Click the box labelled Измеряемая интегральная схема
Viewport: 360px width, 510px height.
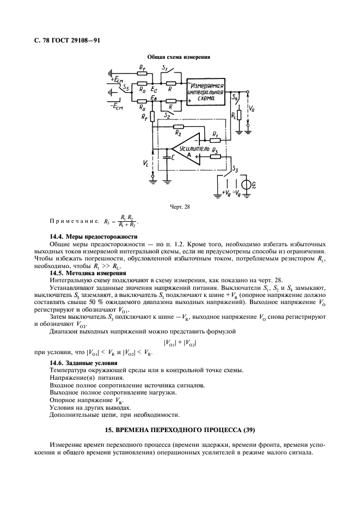206,93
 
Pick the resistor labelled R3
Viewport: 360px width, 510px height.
215,156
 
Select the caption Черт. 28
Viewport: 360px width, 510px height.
179,206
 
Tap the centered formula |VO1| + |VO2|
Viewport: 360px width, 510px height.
179,343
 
